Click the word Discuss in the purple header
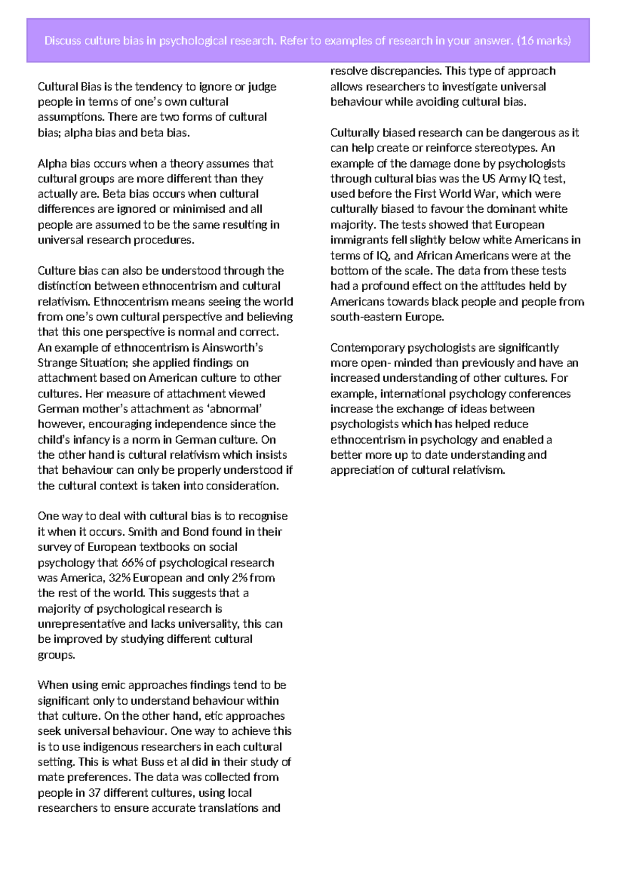pyautogui.click(x=62, y=41)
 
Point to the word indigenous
pyautogui.click(x=112, y=747)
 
